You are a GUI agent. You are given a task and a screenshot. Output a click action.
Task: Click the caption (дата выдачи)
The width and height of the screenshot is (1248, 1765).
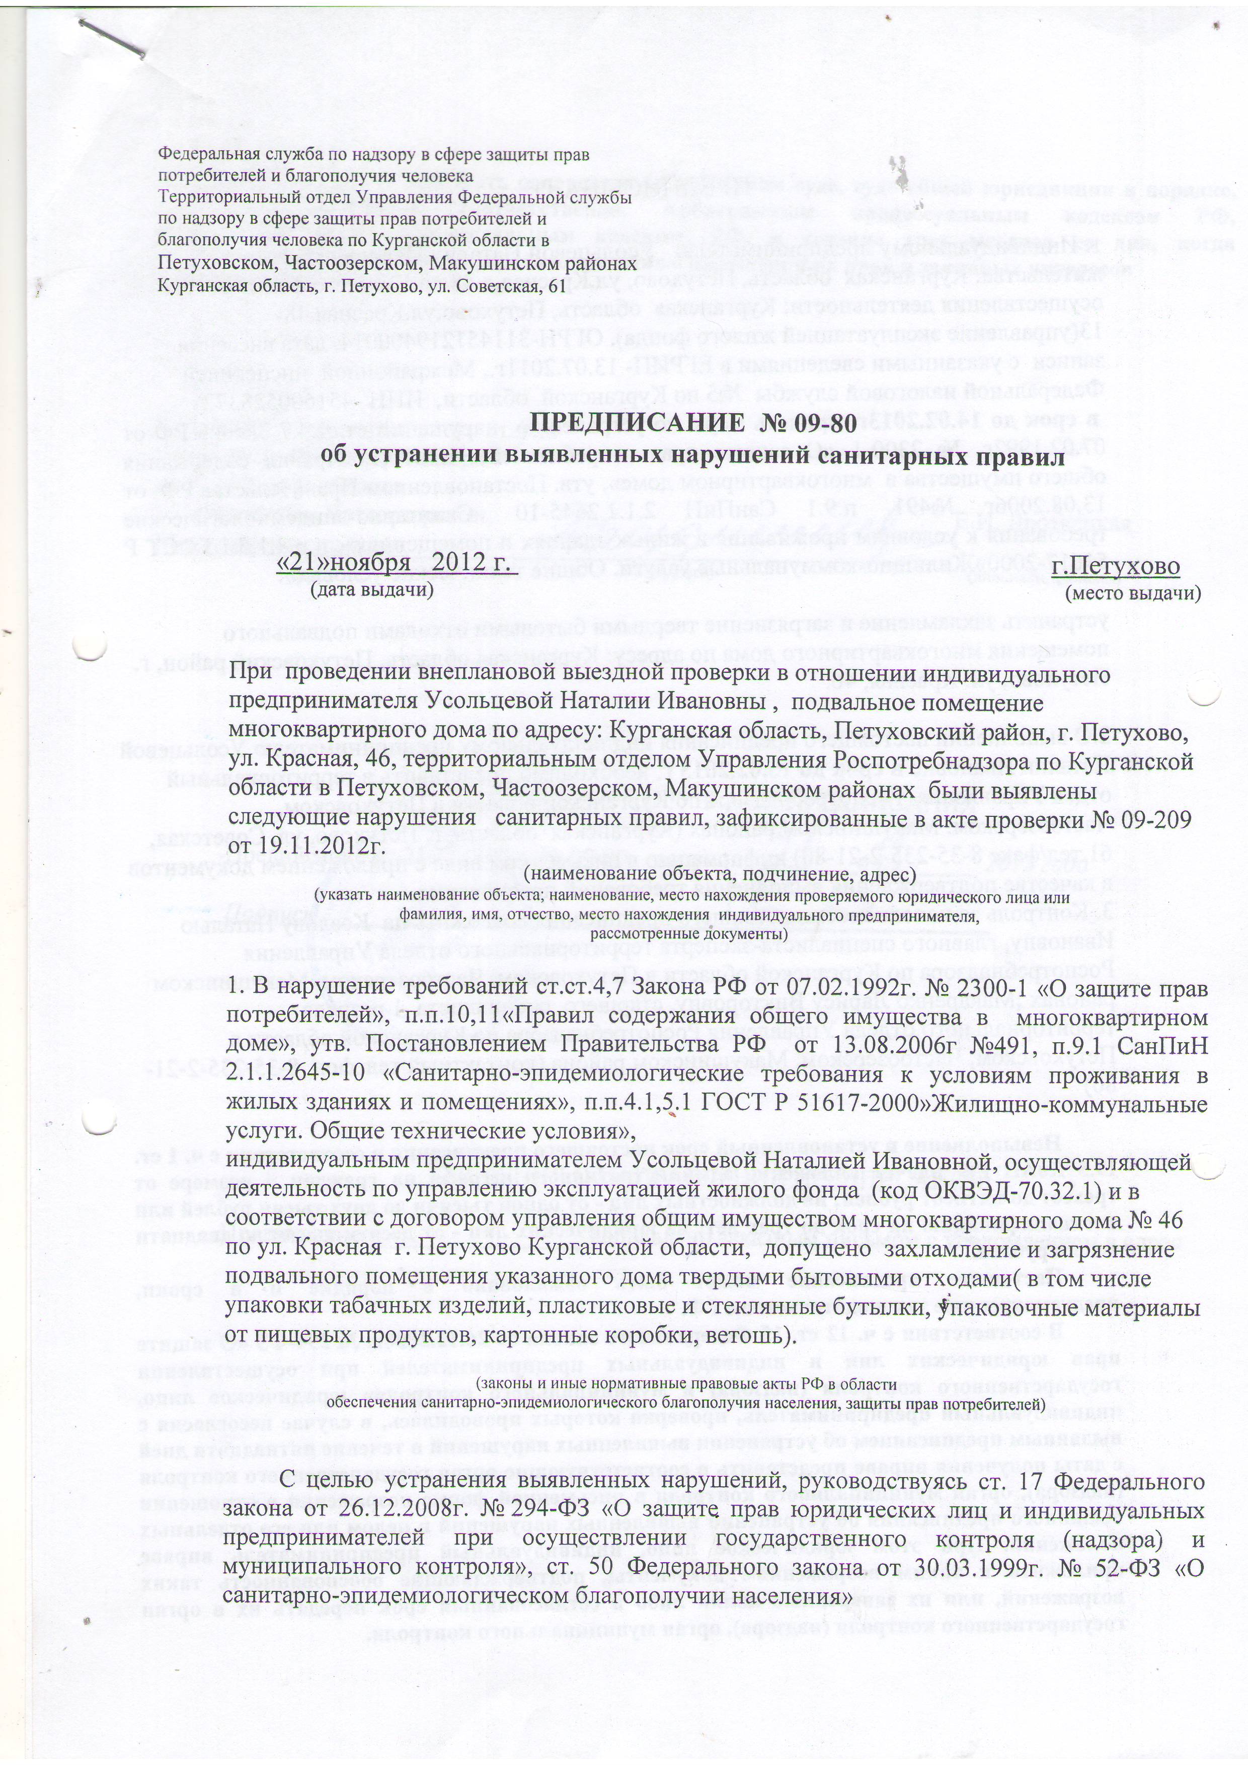(x=372, y=590)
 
